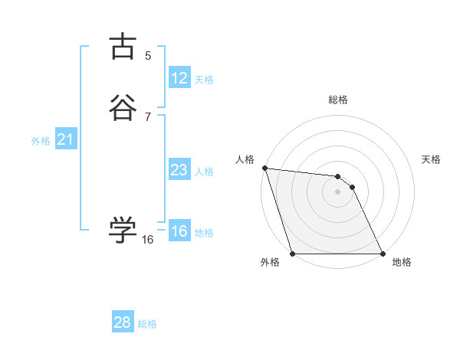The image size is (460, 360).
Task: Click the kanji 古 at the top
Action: (x=123, y=47)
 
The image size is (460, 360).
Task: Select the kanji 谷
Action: (x=123, y=108)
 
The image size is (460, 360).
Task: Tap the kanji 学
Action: (x=123, y=230)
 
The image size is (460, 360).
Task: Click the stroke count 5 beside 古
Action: (x=148, y=55)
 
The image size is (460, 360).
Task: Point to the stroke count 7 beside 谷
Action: (x=148, y=116)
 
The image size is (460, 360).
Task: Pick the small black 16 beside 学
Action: (x=148, y=240)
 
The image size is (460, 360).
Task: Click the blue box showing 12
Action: (x=179, y=78)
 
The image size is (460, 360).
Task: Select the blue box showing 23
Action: (x=179, y=170)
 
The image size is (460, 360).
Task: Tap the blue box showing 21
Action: (x=65, y=139)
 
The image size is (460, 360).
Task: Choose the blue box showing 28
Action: (x=123, y=322)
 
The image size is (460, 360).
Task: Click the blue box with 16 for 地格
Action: (x=179, y=232)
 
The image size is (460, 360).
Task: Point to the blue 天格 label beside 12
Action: (x=204, y=80)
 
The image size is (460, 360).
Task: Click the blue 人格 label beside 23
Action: (x=204, y=172)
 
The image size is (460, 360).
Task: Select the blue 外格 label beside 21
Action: (x=41, y=141)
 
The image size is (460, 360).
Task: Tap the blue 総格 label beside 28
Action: (x=147, y=324)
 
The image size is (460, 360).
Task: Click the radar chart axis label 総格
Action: (x=338, y=100)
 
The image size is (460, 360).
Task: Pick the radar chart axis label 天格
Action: (x=431, y=159)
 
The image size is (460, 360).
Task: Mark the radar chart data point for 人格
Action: (x=264, y=168)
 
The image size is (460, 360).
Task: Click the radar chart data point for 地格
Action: (x=383, y=254)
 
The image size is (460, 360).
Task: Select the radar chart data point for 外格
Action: (x=292, y=254)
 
